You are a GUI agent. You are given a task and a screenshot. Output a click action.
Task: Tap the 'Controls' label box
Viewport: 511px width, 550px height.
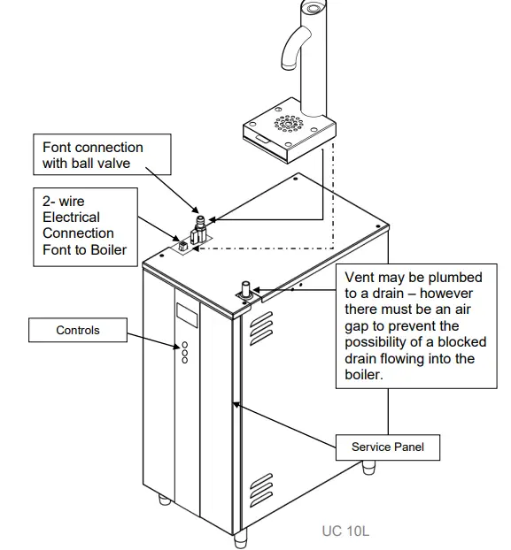[78, 331]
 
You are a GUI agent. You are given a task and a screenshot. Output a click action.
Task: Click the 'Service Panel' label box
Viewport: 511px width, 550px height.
[388, 447]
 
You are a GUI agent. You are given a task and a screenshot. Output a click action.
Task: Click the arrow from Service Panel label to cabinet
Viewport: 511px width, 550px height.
[283, 425]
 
